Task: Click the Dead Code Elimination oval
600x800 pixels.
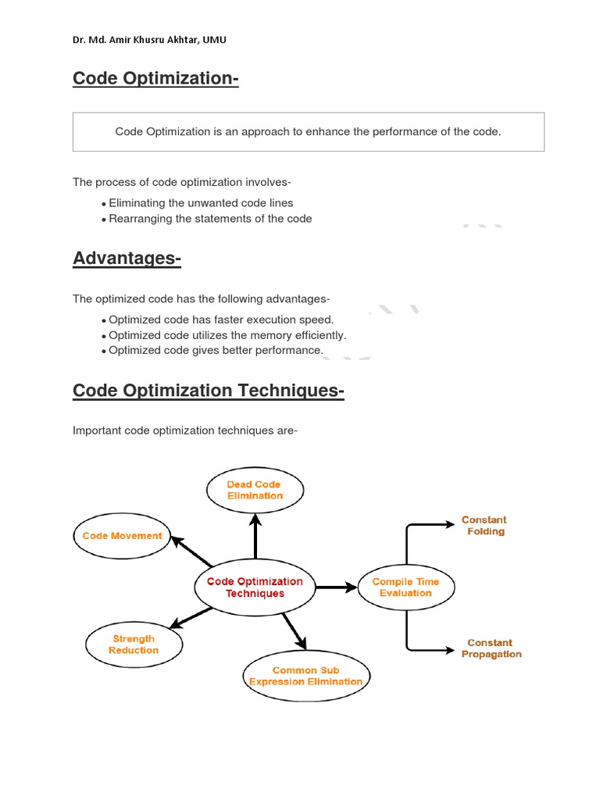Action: (255, 490)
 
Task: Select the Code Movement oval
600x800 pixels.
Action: (122, 536)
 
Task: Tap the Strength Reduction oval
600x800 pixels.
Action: (134, 645)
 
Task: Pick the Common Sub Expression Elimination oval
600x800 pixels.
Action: (305, 676)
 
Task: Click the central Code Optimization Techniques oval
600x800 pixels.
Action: (255, 587)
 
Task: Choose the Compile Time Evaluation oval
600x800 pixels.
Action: (405, 587)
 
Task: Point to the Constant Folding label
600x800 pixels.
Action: (484, 526)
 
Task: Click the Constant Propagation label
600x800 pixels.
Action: (491, 648)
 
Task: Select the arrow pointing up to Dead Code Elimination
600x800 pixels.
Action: (255, 535)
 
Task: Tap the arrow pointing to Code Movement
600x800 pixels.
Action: (191, 552)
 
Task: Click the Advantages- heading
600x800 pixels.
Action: (127, 258)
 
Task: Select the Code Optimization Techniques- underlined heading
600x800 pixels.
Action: (208, 391)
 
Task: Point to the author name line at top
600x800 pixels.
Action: (149, 40)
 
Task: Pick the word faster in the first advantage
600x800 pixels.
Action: (229, 320)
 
